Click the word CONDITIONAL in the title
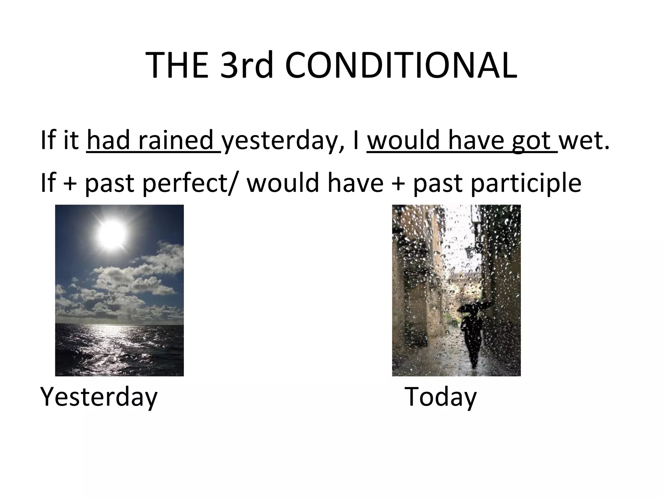[401, 66]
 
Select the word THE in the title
[177, 66]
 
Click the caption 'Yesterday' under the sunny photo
[98, 397]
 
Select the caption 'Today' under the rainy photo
[441, 397]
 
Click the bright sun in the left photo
[111, 234]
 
